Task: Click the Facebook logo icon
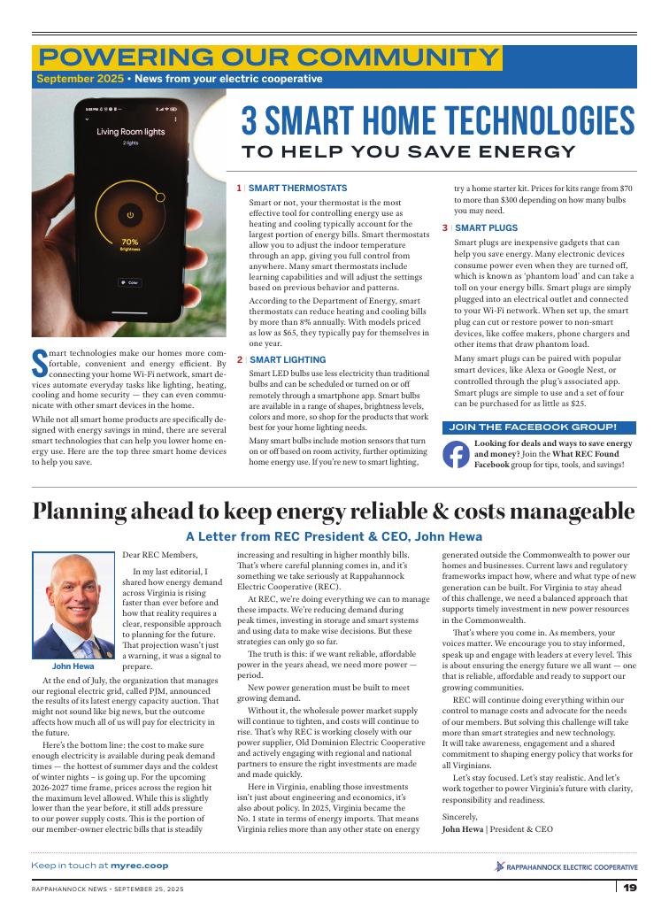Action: [456, 453]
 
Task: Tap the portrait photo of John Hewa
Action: [73, 606]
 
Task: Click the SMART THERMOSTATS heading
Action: [297, 189]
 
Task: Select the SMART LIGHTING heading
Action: [287, 360]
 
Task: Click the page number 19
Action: [629, 888]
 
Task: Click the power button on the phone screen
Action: [130, 214]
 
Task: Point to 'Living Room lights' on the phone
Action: [130, 132]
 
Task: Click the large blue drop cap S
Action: [39, 363]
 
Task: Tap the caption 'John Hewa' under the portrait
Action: [73, 666]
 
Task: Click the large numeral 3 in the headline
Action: [250, 119]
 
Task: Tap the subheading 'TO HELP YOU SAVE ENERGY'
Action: [410, 151]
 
